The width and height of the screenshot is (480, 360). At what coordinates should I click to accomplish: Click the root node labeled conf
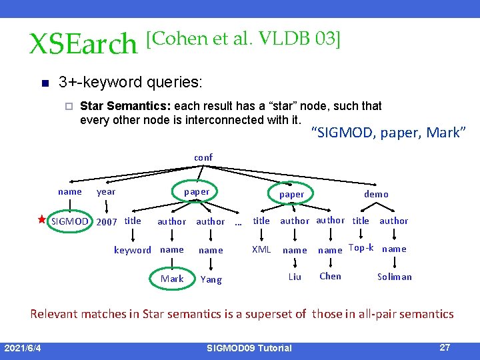(203, 158)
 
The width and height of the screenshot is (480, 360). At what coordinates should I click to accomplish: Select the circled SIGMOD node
(70, 221)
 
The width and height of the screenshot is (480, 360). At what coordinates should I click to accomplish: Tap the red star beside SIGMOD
(41, 219)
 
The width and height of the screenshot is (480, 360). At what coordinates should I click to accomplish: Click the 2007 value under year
(107, 221)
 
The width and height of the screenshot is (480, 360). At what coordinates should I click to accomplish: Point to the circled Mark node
(172, 279)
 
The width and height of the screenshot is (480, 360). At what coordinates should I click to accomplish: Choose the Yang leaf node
(211, 279)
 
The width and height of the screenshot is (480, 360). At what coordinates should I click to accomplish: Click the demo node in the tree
(376, 194)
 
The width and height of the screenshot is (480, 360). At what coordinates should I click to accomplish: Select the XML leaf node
(261, 249)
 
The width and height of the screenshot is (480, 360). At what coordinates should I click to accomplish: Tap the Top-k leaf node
(361, 247)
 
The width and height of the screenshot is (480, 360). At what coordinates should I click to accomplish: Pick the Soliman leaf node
(395, 277)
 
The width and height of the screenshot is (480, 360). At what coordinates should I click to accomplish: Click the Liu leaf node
(295, 277)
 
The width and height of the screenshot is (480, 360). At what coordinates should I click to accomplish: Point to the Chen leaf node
(330, 276)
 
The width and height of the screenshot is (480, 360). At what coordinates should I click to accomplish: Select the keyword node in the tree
(132, 250)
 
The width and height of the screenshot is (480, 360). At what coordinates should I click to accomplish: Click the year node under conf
(106, 192)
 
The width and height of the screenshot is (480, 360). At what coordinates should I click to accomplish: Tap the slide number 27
(445, 347)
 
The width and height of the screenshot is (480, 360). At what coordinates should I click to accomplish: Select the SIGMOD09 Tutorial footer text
(249, 348)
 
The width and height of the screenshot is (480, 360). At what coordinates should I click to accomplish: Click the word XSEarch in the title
(83, 44)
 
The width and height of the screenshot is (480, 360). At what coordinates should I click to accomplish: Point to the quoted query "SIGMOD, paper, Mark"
(388, 133)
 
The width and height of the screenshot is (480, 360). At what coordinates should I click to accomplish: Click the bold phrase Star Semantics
(116, 105)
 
